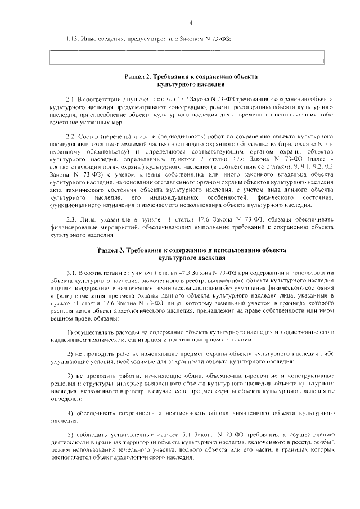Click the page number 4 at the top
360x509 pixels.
tap(191, 22)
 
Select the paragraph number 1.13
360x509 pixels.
tap(72, 38)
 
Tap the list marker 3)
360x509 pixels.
tap(70, 375)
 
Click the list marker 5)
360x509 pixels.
tap(70, 435)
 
